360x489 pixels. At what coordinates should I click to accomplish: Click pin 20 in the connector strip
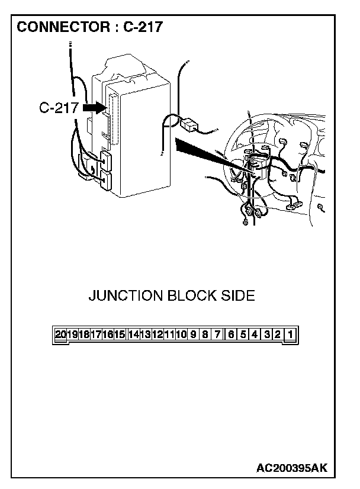coord(60,334)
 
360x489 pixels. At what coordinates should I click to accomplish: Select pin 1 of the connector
coord(290,334)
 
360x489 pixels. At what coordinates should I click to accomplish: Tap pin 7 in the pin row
coord(217,334)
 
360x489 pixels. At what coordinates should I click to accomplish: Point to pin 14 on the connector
coord(133,334)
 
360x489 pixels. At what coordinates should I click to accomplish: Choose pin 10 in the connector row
coord(181,334)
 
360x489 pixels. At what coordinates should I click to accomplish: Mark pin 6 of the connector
coord(231,334)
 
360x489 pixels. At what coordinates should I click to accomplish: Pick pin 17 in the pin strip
coord(96,334)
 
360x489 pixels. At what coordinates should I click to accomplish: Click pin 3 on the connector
coord(267,334)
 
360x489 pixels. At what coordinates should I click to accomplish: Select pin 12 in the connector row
coord(157,334)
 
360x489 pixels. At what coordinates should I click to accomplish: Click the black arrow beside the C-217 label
coord(95,108)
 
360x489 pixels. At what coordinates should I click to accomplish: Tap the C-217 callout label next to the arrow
coord(59,108)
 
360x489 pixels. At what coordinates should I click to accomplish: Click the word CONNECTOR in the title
coord(63,27)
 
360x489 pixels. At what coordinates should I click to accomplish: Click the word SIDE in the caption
coord(238,295)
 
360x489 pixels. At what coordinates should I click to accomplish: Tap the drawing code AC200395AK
coord(292,468)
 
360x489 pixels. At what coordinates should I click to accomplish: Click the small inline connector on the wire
coord(189,125)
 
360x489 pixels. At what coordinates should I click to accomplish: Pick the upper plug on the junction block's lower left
coord(106,160)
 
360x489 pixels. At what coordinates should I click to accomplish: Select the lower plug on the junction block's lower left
coord(106,180)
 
